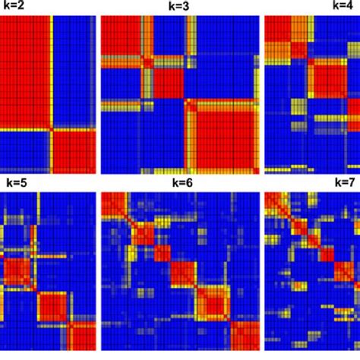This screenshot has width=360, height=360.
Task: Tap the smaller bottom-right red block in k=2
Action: pyautogui.click(x=74, y=149)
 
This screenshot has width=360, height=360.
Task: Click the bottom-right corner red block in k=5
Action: pyautogui.click(x=84, y=333)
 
